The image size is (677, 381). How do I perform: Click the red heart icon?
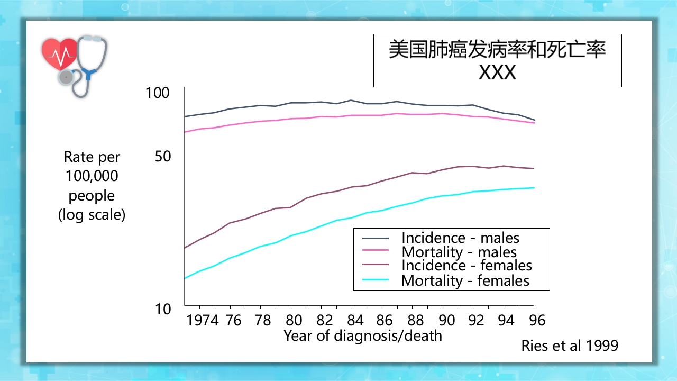pyautogui.click(x=60, y=54)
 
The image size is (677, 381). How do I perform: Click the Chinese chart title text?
pyautogui.click(x=497, y=50)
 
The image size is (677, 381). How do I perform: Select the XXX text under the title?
pyautogui.click(x=497, y=72)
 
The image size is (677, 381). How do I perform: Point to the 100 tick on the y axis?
pyautogui.click(x=157, y=93)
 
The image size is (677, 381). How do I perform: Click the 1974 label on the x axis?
pyautogui.click(x=203, y=320)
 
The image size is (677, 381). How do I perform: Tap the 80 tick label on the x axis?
pyautogui.click(x=293, y=320)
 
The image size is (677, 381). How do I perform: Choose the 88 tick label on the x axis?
pyautogui.click(x=416, y=320)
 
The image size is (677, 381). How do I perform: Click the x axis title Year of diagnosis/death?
pyautogui.click(x=363, y=335)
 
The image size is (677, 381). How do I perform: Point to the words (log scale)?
pyautogui.click(x=92, y=215)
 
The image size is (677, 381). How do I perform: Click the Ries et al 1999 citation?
pyautogui.click(x=570, y=346)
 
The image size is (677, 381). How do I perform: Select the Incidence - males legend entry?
pyautogui.click(x=460, y=238)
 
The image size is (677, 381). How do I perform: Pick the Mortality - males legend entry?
pyautogui.click(x=459, y=252)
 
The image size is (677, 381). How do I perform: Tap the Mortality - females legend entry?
pyautogui.click(x=465, y=280)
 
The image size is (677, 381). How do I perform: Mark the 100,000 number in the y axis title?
pyautogui.click(x=92, y=176)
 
